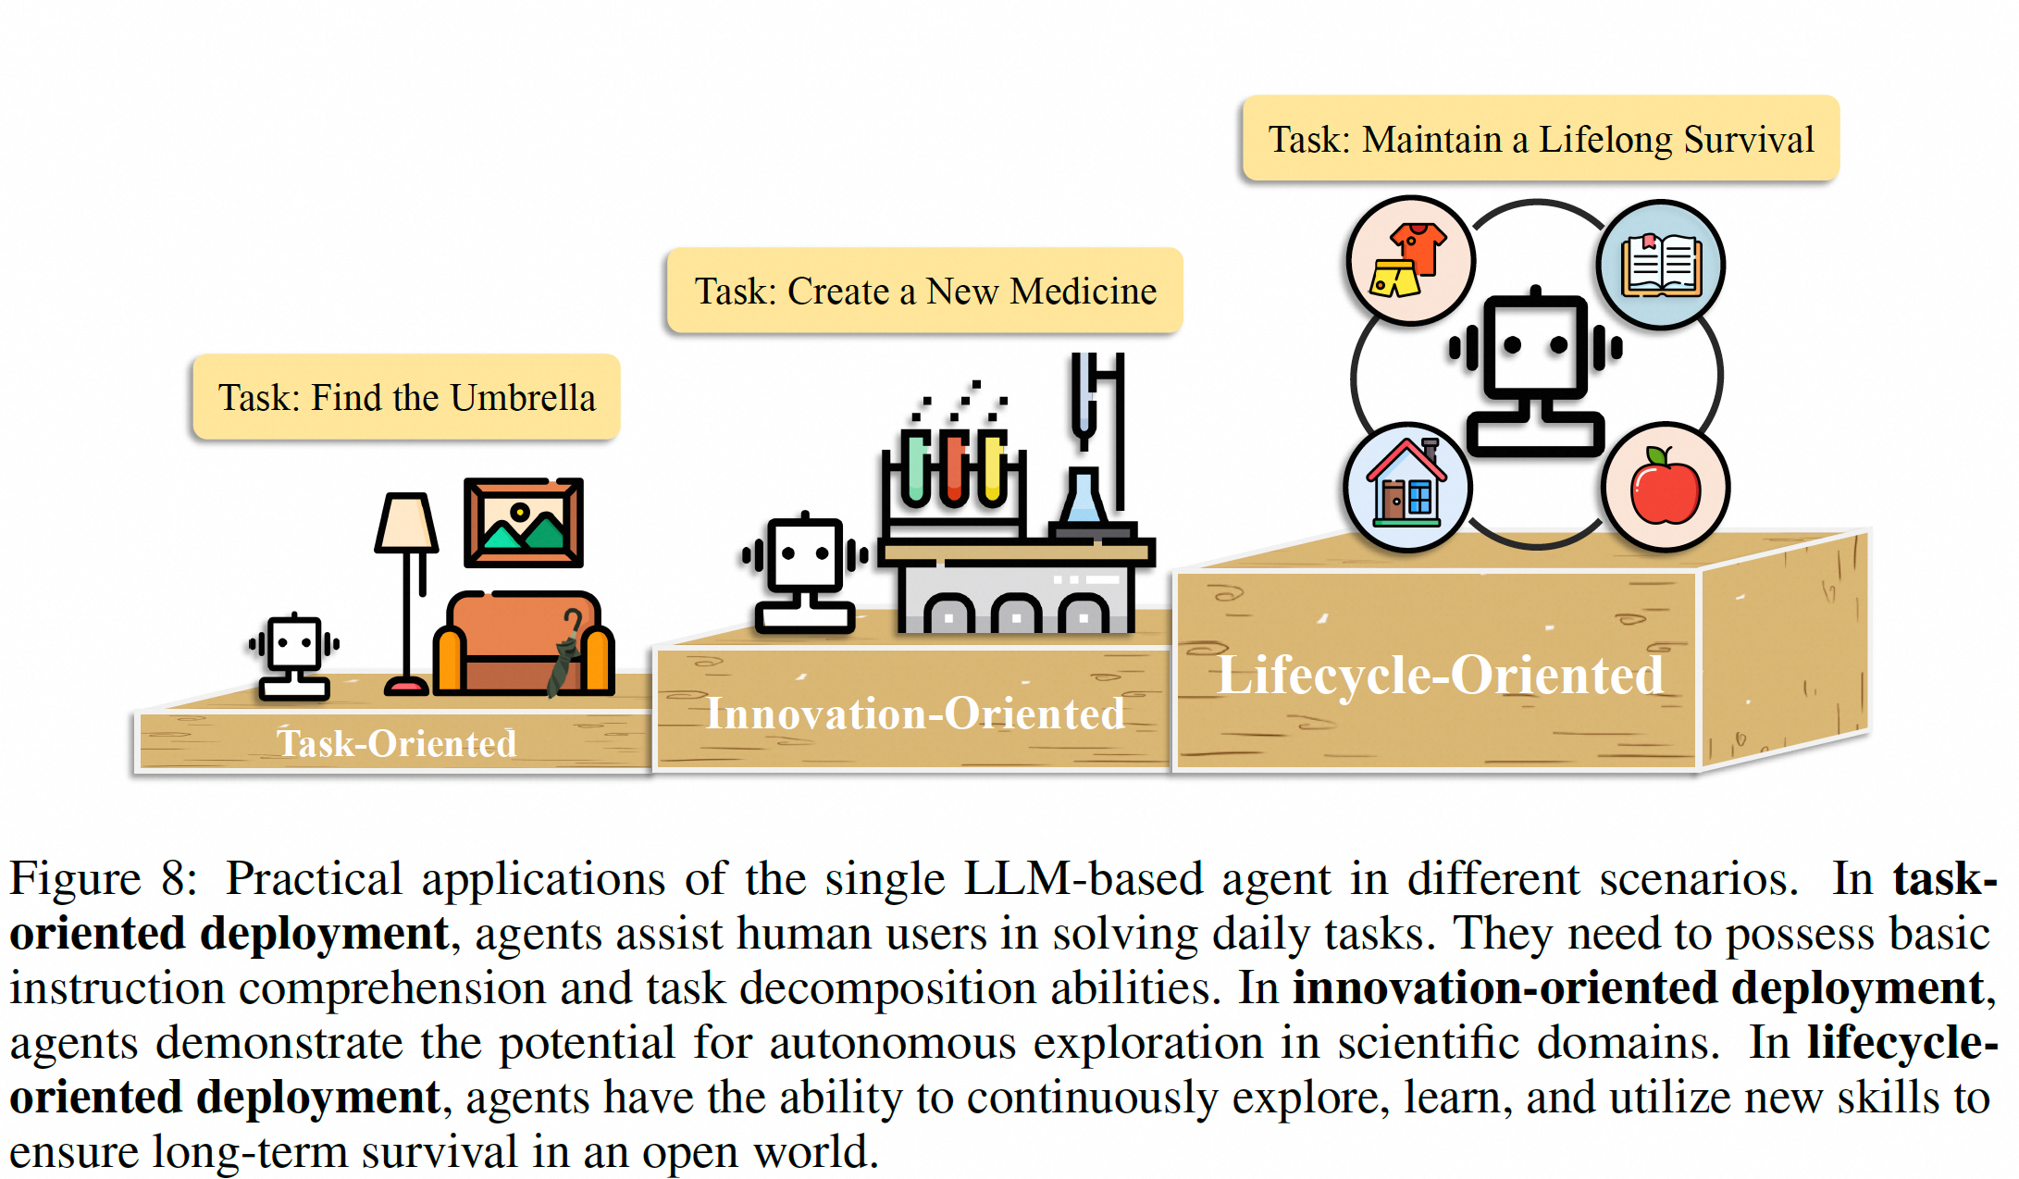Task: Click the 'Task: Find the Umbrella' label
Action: [x=406, y=397]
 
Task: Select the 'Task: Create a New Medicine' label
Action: [x=924, y=291]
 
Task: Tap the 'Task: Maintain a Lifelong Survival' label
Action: [x=1541, y=139]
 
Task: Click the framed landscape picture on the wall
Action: [x=524, y=522]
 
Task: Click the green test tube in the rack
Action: [x=916, y=467]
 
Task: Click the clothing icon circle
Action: [x=1410, y=260]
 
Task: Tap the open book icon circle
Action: [x=1661, y=265]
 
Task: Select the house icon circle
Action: [x=1407, y=487]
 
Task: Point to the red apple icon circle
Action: [x=1666, y=487]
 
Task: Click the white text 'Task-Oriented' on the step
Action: [x=396, y=743]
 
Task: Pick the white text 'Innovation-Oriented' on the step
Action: [x=915, y=714]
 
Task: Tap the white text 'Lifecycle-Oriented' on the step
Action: [x=1440, y=675]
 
